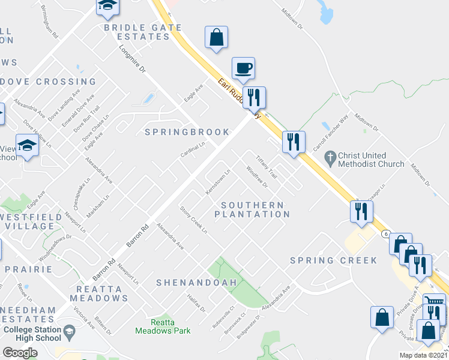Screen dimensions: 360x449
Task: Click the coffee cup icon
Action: [243, 68]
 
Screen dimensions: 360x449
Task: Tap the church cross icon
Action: [328, 158]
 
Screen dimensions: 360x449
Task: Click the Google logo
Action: [20, 352]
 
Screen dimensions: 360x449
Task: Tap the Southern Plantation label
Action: [252, 209]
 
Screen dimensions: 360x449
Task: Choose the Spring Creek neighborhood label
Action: [333, 260]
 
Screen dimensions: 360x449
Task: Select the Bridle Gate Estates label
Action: [137, 32]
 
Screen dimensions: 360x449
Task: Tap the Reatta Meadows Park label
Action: [163, 326]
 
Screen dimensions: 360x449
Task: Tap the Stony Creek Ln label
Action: [194, 220]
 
